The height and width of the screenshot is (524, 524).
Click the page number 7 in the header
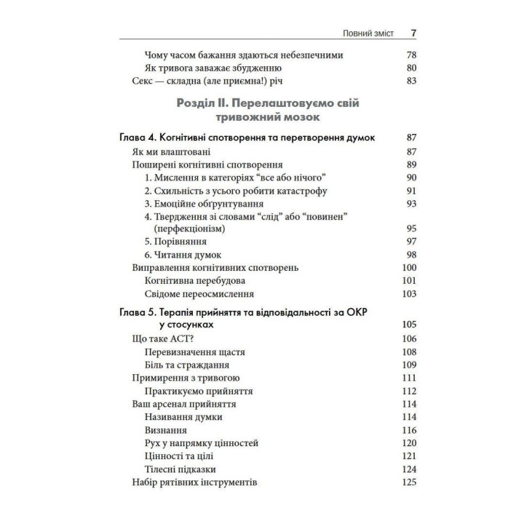pyautogui.click(x=413, y=33)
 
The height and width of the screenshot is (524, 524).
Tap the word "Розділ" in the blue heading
pyautogui.click(x=197, y=103)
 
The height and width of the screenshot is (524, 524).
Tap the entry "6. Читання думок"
pyautogui.click(x=183, y=255)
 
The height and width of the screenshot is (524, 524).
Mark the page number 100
pyautogui.click(x=408, y=268)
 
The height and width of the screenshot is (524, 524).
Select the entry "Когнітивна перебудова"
pyautogui.click(x=194, y=281)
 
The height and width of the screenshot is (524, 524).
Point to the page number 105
pyautogui.click(x=408, y=325)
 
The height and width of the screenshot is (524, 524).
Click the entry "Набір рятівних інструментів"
pyautogui.click(x=195, y=483)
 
